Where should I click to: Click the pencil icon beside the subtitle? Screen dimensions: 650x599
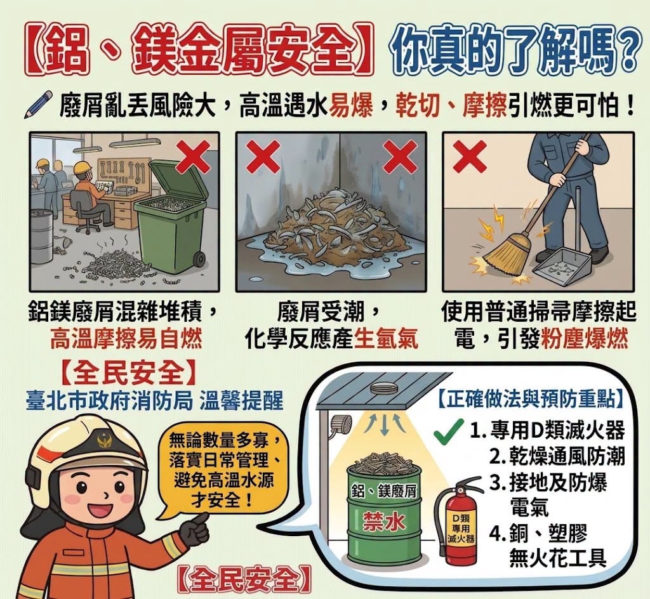pyautogui.click(x=39, y=105)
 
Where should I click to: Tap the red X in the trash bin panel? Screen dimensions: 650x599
pyautogui.click(x=193, y=156)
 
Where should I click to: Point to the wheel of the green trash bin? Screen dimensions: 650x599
pyautogui.click(x=199, y=260)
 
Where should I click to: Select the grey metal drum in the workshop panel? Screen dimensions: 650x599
pyautogui.click(x=43, y=236)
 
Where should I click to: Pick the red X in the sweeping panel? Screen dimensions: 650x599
pyautogui.click(x=470, y=156)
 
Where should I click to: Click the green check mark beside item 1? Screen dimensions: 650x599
pyautogui.click(x=448, y=431)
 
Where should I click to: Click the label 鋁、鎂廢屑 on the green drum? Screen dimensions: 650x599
pyautogui.click(x=383, y=491)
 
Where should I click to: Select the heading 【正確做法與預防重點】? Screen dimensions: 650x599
pyautogui.click(x=530, y=399)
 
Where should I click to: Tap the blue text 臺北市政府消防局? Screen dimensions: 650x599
pyautogui.click(x=109, y=400)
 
